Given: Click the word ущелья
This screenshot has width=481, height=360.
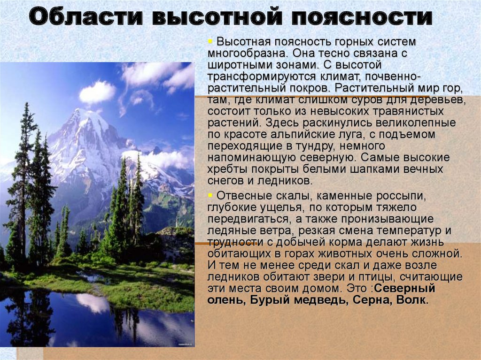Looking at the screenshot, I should tap(266, 207).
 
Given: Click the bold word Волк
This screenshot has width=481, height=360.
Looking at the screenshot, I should tap(413, 300).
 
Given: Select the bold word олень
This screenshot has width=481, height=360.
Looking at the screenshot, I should tap(224, 300).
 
